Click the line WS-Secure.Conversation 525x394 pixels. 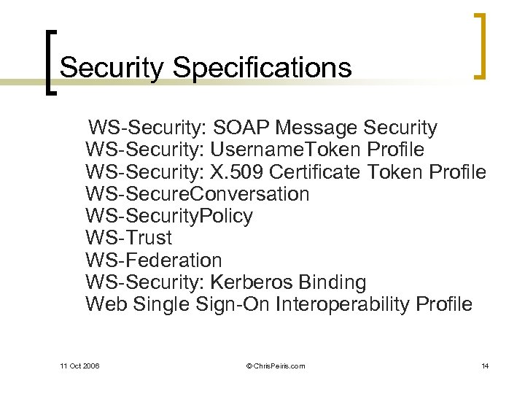197,194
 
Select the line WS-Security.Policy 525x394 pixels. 169,216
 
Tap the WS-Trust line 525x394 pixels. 129,238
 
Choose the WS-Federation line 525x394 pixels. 153,260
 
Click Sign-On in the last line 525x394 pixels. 233,304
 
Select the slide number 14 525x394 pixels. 485,366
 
